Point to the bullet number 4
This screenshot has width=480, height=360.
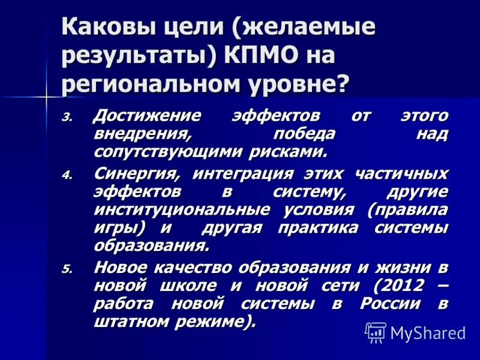coord(67,176)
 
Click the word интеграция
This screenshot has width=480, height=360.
coord(242,175)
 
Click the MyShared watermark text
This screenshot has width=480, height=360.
coord(428,332)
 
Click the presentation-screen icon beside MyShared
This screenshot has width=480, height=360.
coord(376,332)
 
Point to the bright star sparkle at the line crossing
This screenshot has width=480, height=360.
coord(46,95)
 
